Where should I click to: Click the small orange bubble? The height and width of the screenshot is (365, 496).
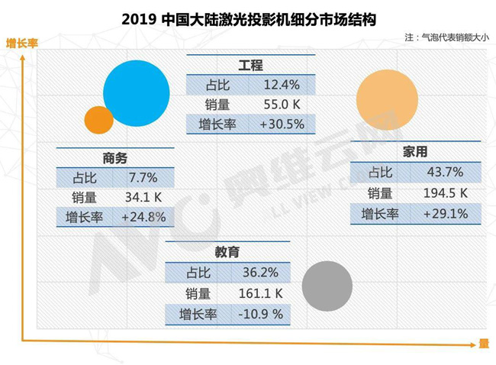pos(99,120)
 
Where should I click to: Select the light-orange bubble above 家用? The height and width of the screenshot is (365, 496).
pos(387,100)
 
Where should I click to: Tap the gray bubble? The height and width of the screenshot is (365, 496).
pos(327,286)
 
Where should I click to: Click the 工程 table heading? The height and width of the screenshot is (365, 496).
pos(250,66)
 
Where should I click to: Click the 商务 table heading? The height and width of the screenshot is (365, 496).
pos(114,158)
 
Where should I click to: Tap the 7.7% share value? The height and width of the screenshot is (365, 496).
pos(143,178)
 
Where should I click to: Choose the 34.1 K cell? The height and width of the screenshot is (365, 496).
pos(143,198)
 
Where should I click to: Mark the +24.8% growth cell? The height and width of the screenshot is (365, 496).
pos(143,218)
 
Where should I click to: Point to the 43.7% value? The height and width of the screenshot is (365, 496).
pos(446,173)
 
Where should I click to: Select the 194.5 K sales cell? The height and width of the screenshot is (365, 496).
pos(446,193)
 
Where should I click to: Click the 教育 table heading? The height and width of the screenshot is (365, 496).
pos(227,251)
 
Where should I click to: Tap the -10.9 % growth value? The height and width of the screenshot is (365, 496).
pos(260,314)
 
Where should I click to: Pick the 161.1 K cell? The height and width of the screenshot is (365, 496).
pos(260,293)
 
